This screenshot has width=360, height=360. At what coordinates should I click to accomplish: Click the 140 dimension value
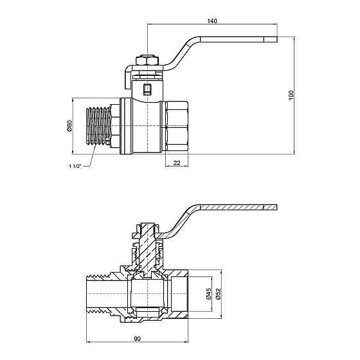pos(212,21)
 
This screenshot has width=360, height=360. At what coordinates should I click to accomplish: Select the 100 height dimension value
pos(291,95)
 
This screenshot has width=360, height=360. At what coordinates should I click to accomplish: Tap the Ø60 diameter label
pos(69,126)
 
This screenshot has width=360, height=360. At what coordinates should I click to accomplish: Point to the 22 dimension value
pos(177,163)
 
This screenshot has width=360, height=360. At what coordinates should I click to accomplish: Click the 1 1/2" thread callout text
pos(75,166)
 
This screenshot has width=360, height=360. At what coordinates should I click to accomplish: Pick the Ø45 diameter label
pos(208,294)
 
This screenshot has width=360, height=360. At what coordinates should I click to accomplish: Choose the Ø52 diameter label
pos(218,294)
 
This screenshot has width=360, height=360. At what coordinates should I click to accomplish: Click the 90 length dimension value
pos(137,339)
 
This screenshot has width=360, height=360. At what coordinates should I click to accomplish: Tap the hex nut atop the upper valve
pos(147,60)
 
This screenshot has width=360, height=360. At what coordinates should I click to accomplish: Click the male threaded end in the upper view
pos(98,126)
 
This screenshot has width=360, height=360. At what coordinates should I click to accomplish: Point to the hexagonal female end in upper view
pos(177,126)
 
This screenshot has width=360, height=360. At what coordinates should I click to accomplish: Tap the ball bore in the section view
pos(147,294)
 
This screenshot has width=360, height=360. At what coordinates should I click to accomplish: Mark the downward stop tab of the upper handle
pos(128,78)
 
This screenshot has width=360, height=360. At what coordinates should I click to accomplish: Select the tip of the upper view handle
pos(277,39)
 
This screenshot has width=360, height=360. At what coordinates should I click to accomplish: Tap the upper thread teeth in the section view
pos(99,276)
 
